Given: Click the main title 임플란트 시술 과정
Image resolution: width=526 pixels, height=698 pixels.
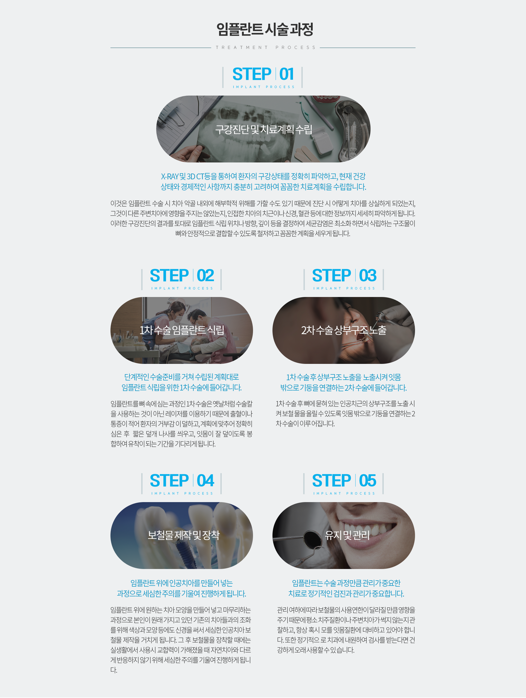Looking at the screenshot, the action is coord(265,29).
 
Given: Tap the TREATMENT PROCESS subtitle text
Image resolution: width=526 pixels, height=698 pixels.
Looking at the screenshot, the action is coord(266,48).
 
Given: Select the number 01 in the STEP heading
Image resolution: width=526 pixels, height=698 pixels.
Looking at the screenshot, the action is coord(286,75).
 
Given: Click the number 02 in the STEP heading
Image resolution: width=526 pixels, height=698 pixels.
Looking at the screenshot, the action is coord(205,276).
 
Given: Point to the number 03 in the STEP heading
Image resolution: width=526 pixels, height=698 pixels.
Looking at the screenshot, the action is coord(368,276).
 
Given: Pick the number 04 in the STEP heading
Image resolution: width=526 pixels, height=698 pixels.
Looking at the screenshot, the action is coord(205,481).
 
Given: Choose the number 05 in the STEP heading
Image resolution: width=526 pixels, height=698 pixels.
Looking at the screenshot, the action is coord(368,481).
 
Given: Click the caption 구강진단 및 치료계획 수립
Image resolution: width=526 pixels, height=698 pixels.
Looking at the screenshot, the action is coord(264,129).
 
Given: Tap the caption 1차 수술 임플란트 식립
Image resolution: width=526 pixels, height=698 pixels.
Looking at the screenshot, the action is coord(182,330).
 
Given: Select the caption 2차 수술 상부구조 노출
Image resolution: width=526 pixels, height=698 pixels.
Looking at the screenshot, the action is coord(344,330).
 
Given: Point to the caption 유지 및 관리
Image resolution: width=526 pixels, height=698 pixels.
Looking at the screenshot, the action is coord(347,535).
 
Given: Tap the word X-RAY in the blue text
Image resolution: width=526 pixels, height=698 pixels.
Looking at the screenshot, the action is coord(170,176).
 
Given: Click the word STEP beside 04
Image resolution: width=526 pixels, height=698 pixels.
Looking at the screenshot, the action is coord(169,481).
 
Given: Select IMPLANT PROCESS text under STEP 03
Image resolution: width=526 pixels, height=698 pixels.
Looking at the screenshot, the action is coord(344,288).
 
